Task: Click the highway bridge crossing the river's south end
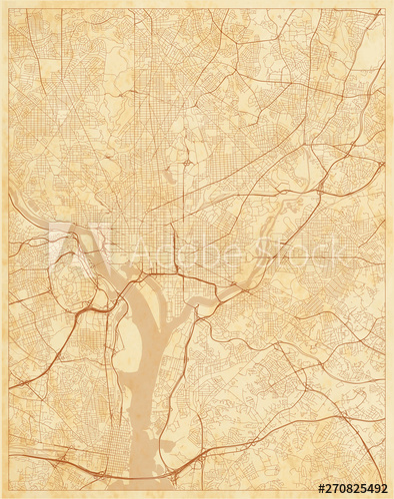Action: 150,469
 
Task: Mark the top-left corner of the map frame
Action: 9,9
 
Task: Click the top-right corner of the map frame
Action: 385,9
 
